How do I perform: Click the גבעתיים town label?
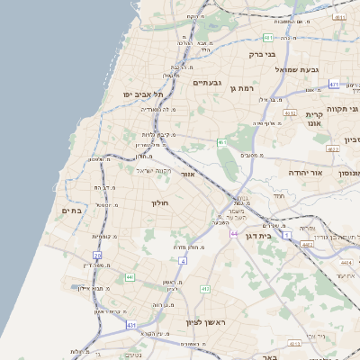[x=207, y=82]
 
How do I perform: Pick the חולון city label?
[x=159, y=204]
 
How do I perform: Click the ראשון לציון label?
[x=219, y=322]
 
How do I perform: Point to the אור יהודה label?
[x=298, y=171]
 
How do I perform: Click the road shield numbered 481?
[x=267, y=38]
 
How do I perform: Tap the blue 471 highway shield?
[x=334, y=84]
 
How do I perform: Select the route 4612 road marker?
[x=290, y=114]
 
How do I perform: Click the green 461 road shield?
[x=221, y=142]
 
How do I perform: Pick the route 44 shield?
[x=234, y=234]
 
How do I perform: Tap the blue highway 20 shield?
[x=97, y=256]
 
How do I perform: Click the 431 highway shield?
[x=132, y=325]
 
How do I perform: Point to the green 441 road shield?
[x=130, y=277]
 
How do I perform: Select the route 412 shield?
[x=204, y=289]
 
